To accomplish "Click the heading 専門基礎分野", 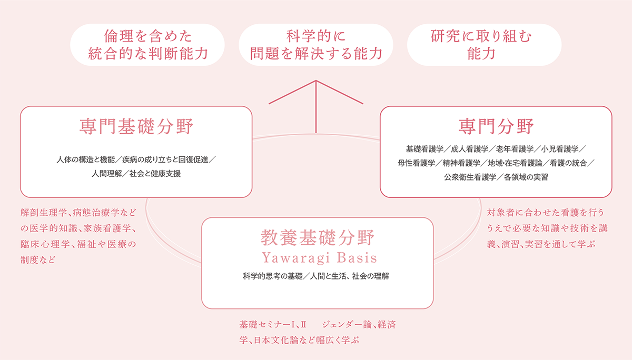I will click(x=136, y=127).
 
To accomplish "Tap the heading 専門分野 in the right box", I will click(x=496, y=127).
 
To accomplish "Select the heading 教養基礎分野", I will click(x=318, y=238).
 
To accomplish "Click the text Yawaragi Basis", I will click(x=318, y=258).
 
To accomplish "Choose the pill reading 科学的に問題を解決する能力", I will click(x=316, y=45).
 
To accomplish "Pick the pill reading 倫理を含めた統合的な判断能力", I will click(x=148, y=45).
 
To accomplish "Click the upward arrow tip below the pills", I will click(x=316, y=82).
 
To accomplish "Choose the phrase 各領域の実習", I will click(x=526, y=177).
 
